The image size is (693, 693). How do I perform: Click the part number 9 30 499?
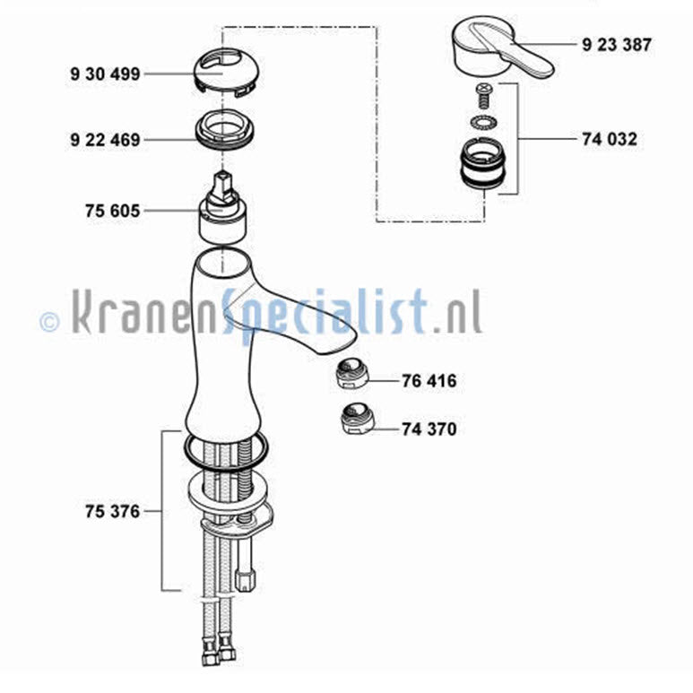point(105,74)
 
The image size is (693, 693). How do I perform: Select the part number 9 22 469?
point(105,140)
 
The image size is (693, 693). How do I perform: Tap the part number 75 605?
point(112,211)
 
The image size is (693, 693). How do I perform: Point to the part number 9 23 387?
point(617,45)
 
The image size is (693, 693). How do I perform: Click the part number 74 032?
point(610,139)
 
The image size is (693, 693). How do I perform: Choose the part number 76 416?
point(429,380)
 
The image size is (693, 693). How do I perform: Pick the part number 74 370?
point(429,429)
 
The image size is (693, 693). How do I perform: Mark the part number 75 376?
point(112,511)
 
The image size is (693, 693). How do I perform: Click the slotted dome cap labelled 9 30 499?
point(226,71)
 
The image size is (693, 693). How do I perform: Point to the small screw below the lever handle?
point(484,96)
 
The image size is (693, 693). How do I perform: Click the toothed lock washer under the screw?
point(481,122)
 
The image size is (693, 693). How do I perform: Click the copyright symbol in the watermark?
point(49,321)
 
